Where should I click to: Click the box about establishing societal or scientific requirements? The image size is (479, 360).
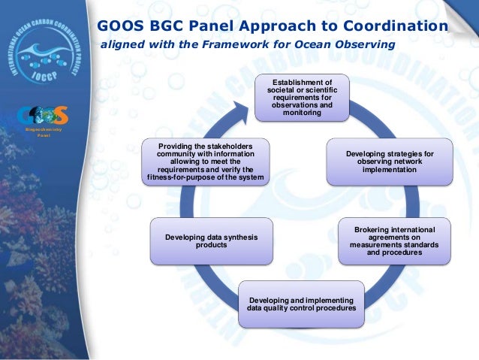(x=302, y=97)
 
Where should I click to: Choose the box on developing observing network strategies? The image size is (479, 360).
(x=390, y=162)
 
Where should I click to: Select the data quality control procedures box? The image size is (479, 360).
(x=301, y=304)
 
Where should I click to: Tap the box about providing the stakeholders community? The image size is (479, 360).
(x=205, y=162)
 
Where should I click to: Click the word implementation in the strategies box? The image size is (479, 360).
(x=390, y=170)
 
